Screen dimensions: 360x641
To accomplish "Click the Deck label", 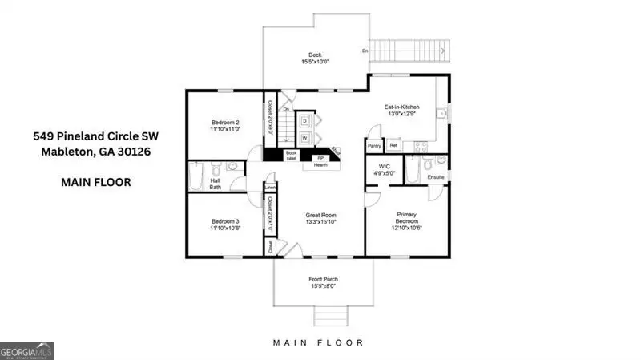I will [316, 55].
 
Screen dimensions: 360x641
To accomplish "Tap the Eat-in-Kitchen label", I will [402, 107].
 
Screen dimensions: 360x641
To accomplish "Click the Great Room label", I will [320, 215].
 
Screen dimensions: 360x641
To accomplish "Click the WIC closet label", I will [383, 167].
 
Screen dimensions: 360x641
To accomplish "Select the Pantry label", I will [373, 146].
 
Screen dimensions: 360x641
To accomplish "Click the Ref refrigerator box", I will [393, 146].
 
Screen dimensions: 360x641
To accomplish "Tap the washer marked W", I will [304, 138].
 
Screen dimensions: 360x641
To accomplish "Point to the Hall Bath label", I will [216, 184].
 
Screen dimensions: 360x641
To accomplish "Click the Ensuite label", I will [435, 176].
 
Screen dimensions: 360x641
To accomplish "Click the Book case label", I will [291, 156].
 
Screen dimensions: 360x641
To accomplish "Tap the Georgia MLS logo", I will [27, 351].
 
